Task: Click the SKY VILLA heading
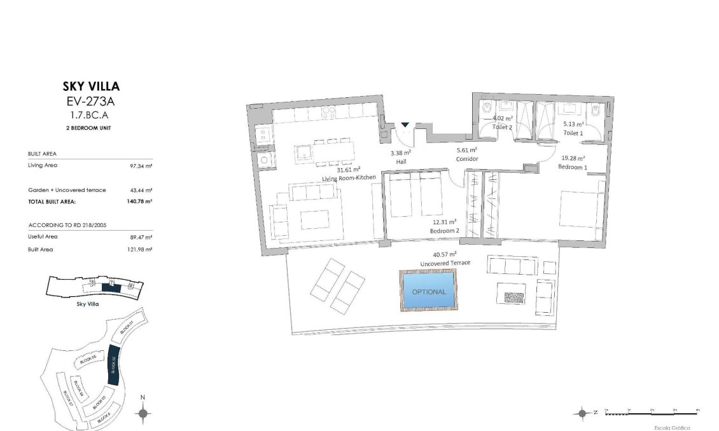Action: click(90, 86)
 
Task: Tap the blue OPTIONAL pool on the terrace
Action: click(428, 291)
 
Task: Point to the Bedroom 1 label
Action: click(572, 167)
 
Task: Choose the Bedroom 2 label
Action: click(445, 231)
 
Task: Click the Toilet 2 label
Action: click(503, 127)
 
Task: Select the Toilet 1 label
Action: click(573, 133)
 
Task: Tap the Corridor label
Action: click(466, 158)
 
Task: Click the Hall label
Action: click(401, 161)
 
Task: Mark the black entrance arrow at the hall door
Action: click(405, 125)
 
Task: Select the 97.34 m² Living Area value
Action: click(140, 165)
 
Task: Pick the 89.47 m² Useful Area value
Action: click(140, 236)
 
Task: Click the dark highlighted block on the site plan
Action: click(113, 365)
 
